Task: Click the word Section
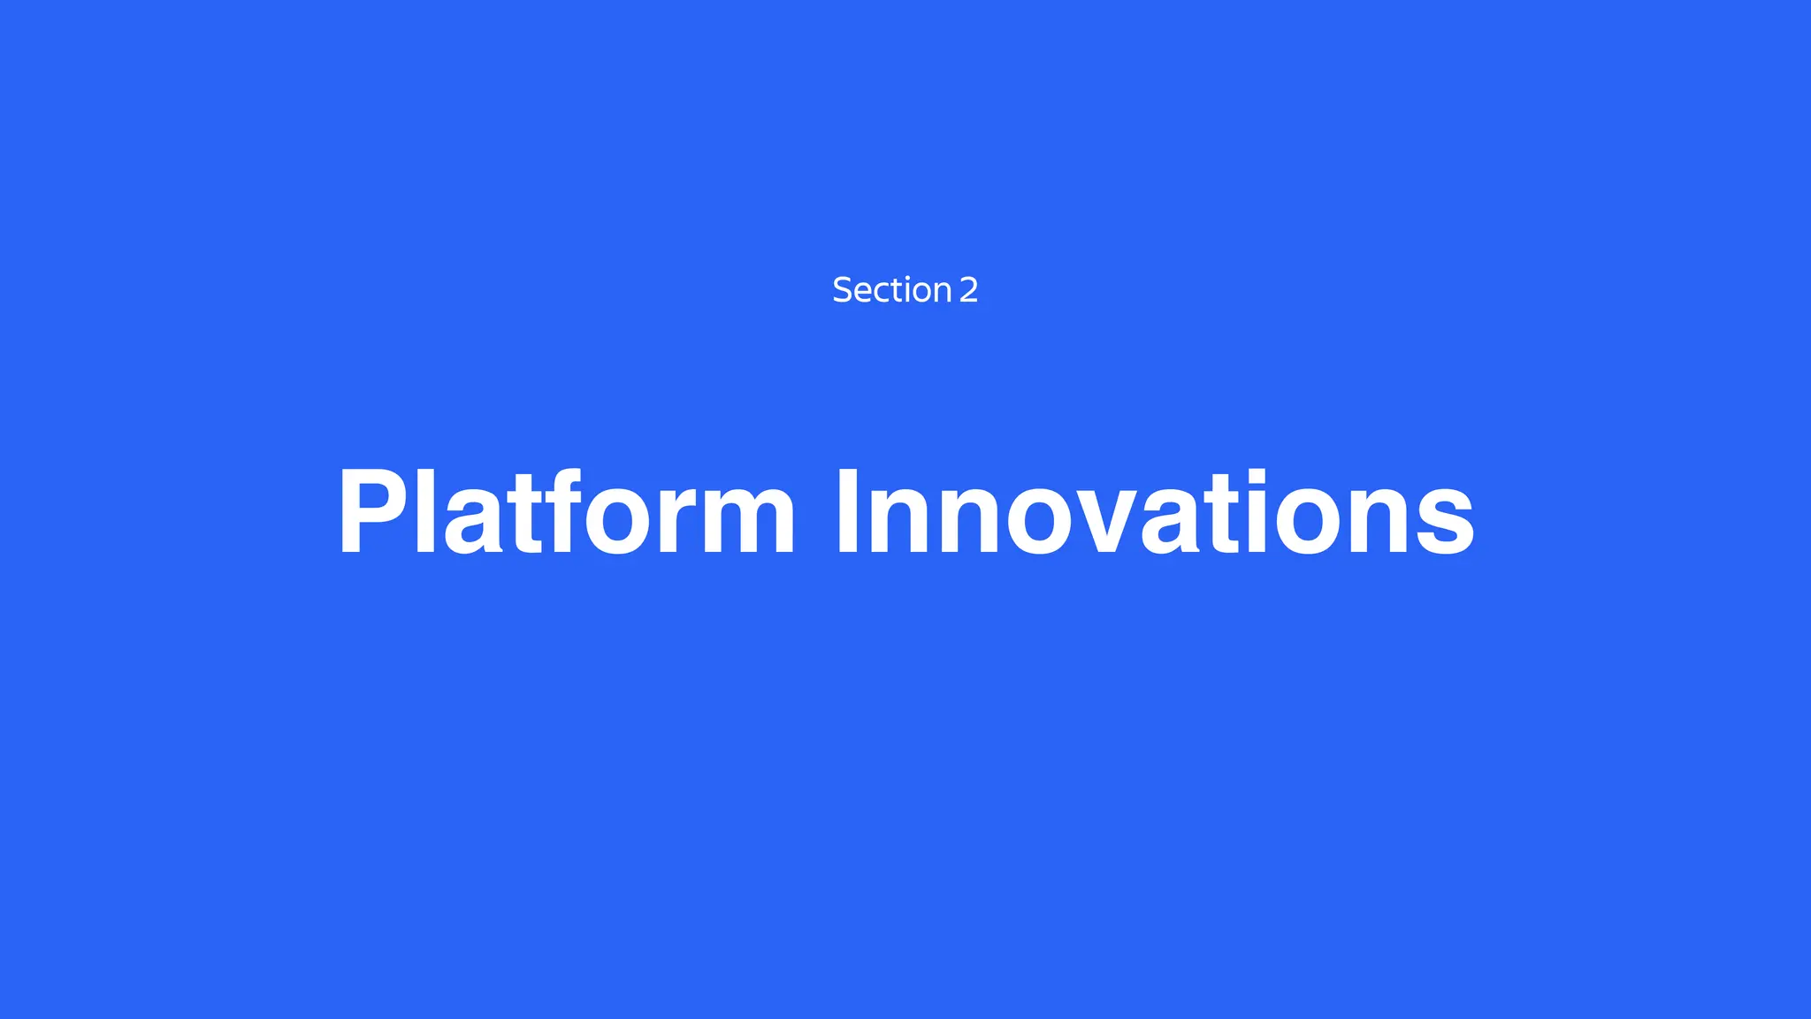coord(891,290)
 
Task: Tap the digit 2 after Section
coord(968,290)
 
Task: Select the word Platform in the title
coord(566,513)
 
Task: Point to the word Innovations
coord(1155,513)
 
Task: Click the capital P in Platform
coord(371,513)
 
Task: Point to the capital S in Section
coord(842,290)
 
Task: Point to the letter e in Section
coord(862,293)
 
